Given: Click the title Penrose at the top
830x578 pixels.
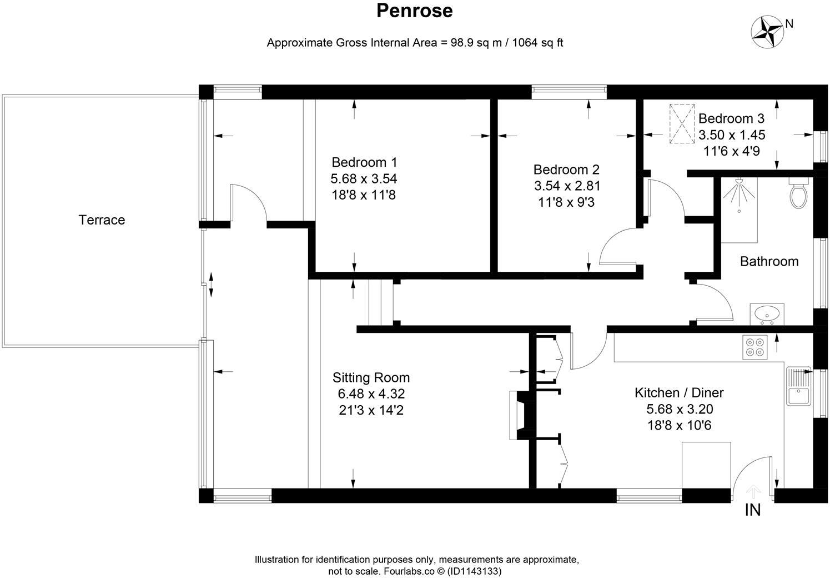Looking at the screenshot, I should (x=414, y=11).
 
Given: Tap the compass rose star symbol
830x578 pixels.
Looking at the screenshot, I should (x=766, y=31).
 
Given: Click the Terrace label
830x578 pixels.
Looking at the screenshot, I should (x=102, y=220).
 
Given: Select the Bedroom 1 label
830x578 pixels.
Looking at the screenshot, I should (x=364, y=162).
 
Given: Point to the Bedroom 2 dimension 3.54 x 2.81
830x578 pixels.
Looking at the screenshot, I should (x=566, y=186).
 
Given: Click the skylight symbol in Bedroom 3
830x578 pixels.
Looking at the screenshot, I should (x=681, y=124).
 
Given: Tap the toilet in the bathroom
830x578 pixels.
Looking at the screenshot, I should (x=798, y=193).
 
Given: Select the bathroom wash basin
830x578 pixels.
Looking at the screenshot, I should (x=767, y=313).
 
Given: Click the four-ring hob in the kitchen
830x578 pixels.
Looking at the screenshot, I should (x=754, y=347).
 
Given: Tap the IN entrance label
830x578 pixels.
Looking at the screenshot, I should (x=752, y=510).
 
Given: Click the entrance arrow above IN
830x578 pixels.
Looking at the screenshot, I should (x=753, y=491).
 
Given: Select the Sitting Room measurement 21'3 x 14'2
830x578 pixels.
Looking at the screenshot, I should (x=371, y=411).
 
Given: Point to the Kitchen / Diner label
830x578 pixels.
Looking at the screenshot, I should (x=679, y=393).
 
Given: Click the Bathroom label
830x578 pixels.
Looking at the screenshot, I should (x=769, y=261).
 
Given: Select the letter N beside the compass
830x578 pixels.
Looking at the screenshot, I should (x=789, y=23).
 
